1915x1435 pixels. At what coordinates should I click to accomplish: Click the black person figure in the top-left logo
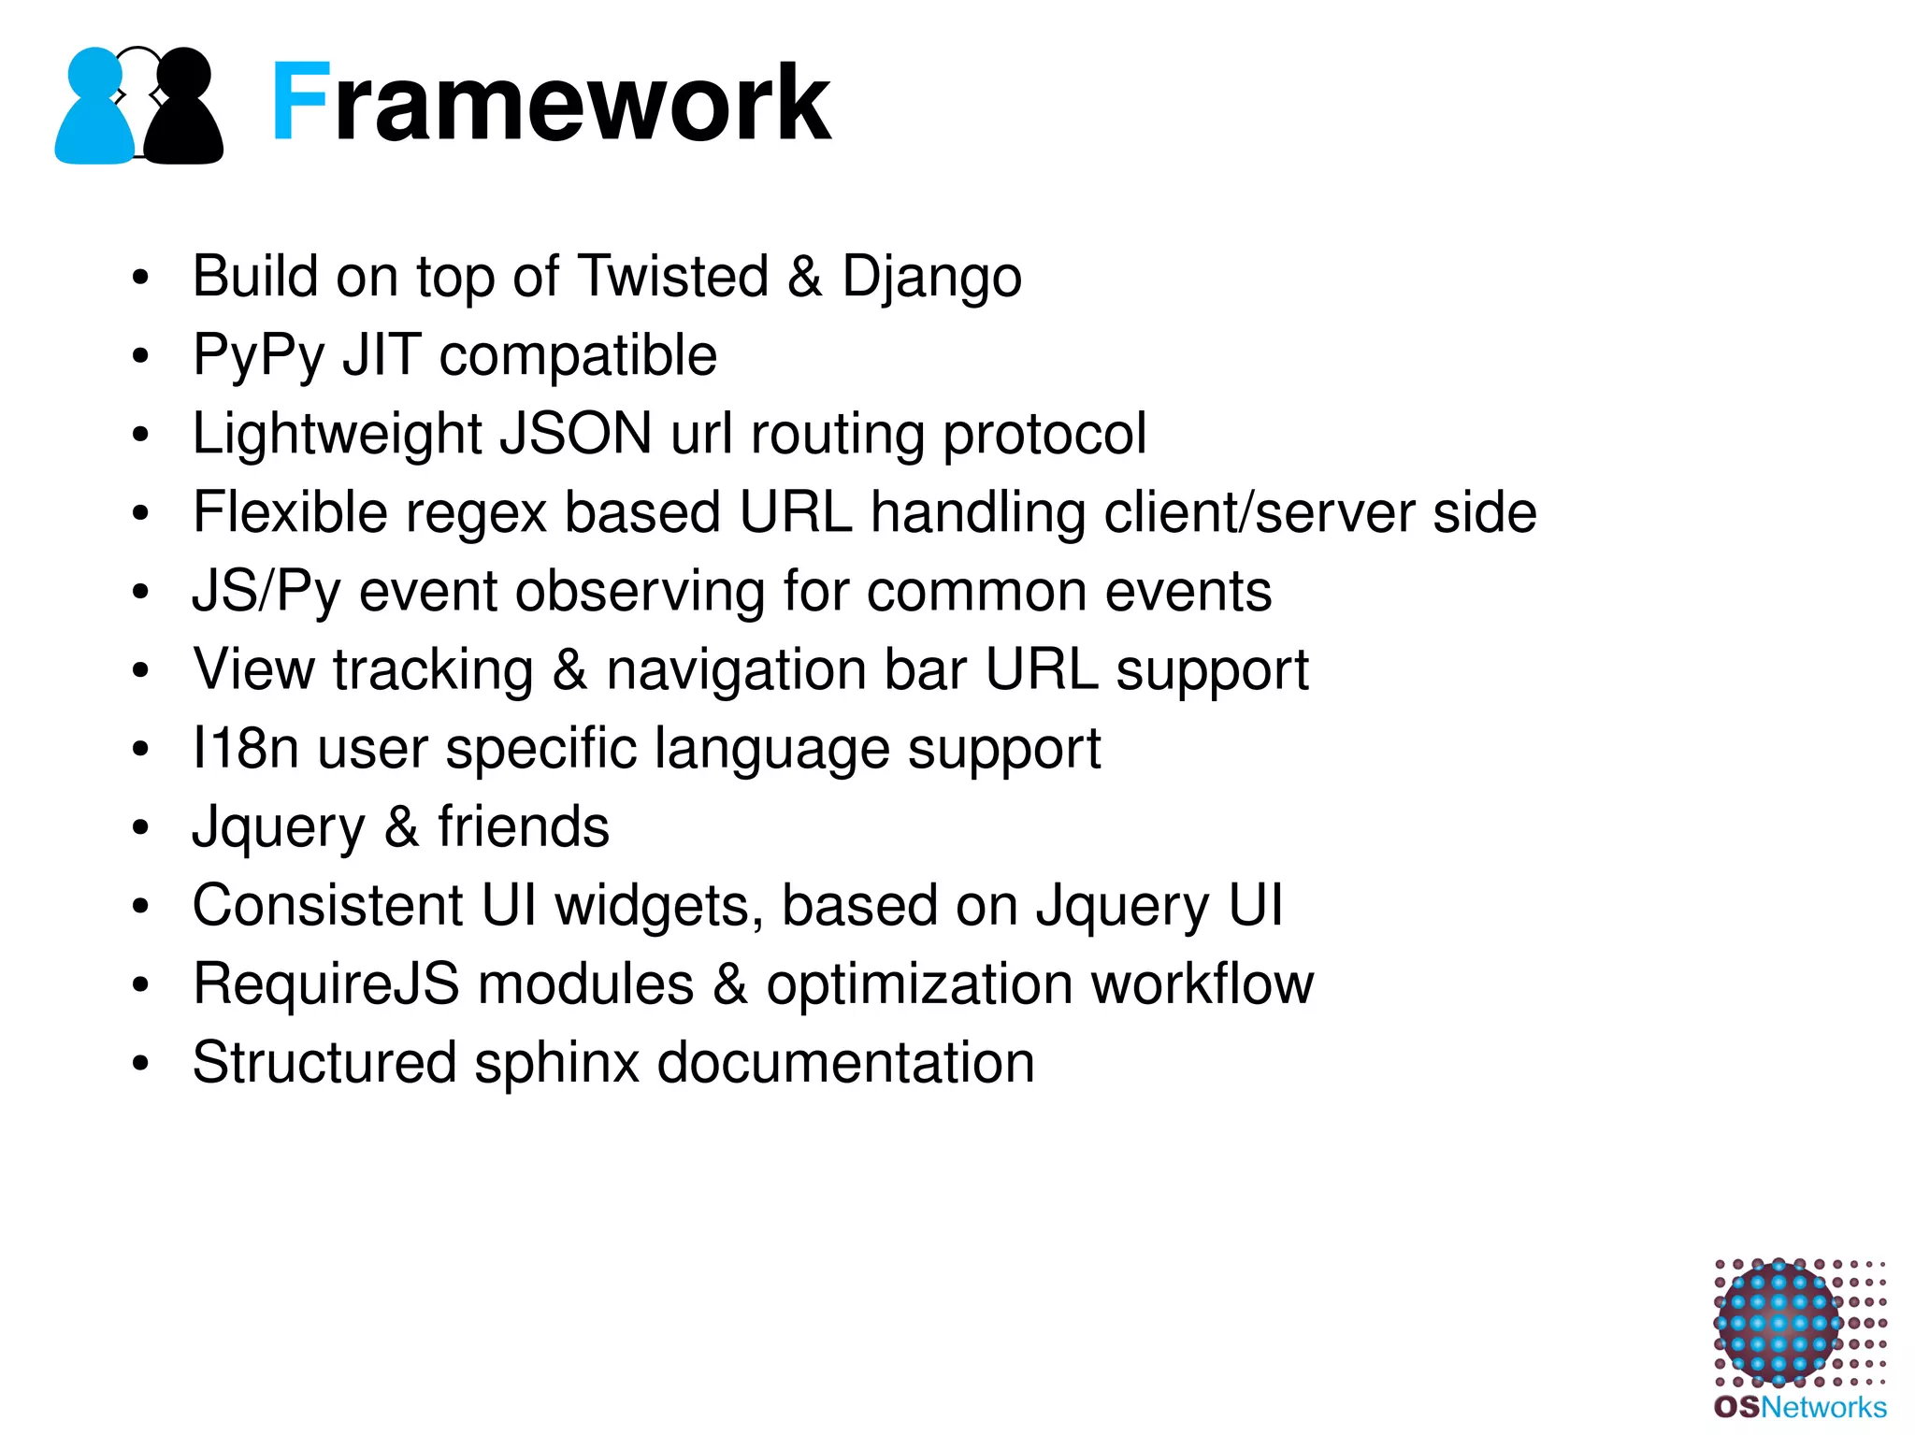pos(184,112)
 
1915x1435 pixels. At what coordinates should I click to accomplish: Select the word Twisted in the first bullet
pos(673,277)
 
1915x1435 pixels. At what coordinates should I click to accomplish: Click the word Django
pos(931,279)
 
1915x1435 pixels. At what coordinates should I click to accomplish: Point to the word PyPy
pos(258,357)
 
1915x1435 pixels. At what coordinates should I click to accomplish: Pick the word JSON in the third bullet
pos(576,435)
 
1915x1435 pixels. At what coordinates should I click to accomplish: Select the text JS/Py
pos(266,593)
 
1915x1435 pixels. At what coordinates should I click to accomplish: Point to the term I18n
pos(245,749)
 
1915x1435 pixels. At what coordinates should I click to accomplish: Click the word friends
pos(523,827)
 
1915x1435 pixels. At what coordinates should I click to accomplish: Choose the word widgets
pos(658,907)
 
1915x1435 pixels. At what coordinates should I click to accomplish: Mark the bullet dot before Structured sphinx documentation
pos(140,1064)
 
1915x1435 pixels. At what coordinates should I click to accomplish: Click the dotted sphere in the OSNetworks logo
pos(1778,1323)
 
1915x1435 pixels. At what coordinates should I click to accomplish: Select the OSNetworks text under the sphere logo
pos(1800,1408)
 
